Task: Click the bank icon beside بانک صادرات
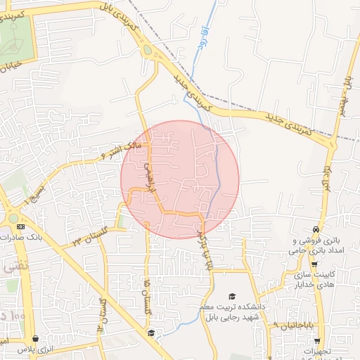click(x=20, y=227)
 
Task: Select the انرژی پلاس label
click(x=36, y=349)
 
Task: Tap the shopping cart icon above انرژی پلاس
click(x=36, y=339)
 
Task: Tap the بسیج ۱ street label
click(x=35, y=189)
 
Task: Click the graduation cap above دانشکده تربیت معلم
click(x=232, y=297)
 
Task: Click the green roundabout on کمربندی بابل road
click(x=146, y=50)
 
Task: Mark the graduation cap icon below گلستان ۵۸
click(x=150, y=333)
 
